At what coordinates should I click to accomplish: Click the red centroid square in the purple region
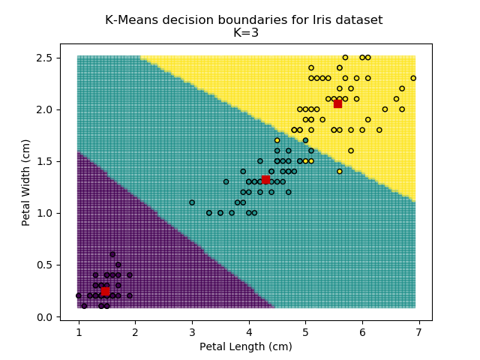pyautogui.click(x=105, y=291)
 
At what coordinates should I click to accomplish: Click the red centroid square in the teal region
pyautogui.click(x=265, y=179)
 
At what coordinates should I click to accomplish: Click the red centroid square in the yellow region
pyautogui.click(x=337, y=103)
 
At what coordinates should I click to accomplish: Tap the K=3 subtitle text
pyautogui.click(x=244, y=33)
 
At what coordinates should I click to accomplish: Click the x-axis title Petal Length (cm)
pyautogui.click(x=245, y=346)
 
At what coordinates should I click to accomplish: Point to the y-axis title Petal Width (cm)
pyautogui.click(x=26, y=182)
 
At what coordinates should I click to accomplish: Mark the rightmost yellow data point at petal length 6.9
pyautogui.click(x=413, y=78)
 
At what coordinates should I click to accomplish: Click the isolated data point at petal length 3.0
pyautogui.click(x=192, y=202)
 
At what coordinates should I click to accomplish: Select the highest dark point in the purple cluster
pyautogui.click(x=112, y=254)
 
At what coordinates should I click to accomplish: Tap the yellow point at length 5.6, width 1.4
pyautogui.click(x=339, y=171)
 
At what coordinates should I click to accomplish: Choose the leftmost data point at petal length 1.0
pyautogui.click(x=79, y=295)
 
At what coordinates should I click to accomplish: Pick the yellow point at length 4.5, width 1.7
pyautogui.click(x=277, y=140)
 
